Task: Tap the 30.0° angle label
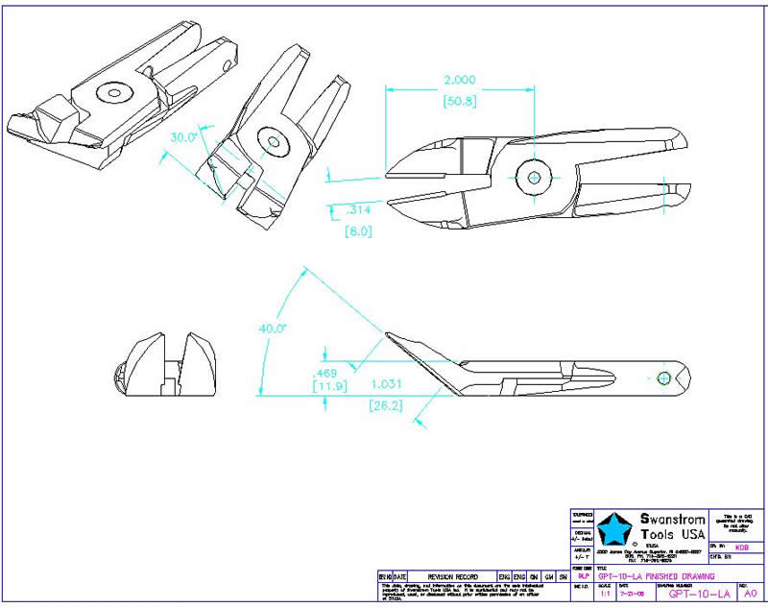[x=183, y=137]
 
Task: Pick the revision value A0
[x=750, y=594]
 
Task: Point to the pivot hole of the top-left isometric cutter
[x=116, y=92]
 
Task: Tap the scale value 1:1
[x=604, y=595]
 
